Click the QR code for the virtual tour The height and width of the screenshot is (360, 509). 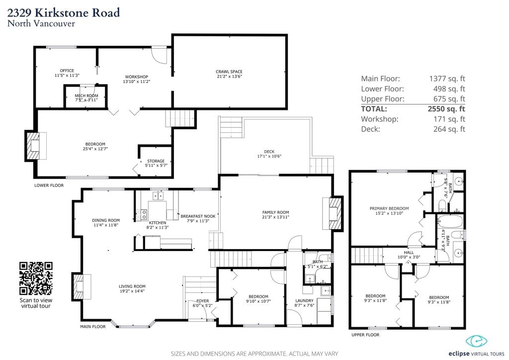(36, 278)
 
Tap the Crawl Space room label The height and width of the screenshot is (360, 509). (229, 74)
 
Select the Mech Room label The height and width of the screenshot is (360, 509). (86, 98)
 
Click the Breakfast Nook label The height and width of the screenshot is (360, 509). (198, 218)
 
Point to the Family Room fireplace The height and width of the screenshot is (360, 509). (334, 213)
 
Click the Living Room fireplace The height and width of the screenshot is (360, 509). (81, 286)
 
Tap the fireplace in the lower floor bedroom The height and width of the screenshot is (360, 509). (35, 146)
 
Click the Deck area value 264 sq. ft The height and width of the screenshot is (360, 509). (449, 129)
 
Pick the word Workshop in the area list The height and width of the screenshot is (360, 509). (379, 119)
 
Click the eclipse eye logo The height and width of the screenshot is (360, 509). (477, 341)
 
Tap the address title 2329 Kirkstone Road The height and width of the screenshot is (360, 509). (64, 12)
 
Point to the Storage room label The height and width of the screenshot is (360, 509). (156, 163)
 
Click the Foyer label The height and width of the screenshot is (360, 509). (203, 303)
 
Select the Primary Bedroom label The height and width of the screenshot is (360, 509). (389, 211)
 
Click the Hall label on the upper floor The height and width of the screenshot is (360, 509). (409, 255)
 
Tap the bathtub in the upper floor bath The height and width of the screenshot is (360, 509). (450, 222)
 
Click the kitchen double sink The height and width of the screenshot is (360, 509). (158, 196)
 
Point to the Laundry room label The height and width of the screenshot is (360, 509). (304, 303)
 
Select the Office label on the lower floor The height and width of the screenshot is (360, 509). (67, 73)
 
